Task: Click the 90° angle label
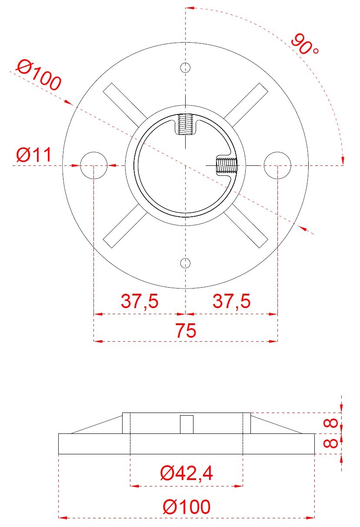(x=304, y=44)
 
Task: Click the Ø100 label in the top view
(x=39, y=75)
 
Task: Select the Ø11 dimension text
(x=33, y=154)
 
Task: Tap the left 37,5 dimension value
(x=140, y=301)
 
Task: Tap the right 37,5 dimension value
(x=231, y=301)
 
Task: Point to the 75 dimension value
(x=186, y=330)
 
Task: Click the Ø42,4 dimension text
(x=187, y=473)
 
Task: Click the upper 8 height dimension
(x=330, y=423)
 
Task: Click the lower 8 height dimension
(x=330, y=443)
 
